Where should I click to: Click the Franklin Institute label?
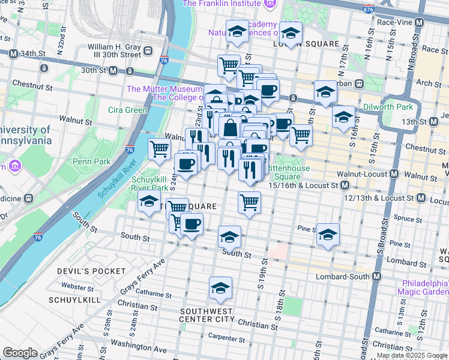click(x=222, y=4)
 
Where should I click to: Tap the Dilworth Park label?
click(x=388, y=107)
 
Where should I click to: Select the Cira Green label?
click(x=127, y=110)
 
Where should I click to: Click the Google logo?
click(x=20, y=353)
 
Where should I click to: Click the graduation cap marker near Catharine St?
click(x=220, y=289)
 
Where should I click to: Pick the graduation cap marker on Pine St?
click(x=328, y=235)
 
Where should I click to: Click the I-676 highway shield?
click(x=367, y=9)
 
